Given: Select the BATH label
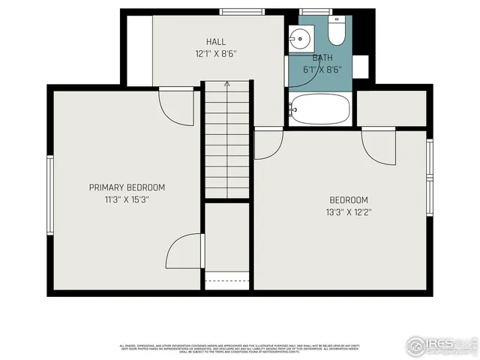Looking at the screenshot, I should coord(322,57).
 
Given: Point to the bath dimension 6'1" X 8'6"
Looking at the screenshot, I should coord(322,68).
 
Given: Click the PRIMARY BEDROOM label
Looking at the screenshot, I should coord(127,187).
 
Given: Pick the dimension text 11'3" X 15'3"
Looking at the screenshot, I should coord(127,199).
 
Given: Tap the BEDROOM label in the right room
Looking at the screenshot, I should coord(349,199).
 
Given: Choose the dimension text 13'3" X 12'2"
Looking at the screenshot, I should coord(349,212).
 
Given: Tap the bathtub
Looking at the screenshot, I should coord(320,109).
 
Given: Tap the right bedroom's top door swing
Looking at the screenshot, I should coord(379,145).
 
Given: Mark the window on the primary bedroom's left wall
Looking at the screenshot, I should coord(50,194).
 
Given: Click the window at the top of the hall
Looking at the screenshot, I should coord(241,11).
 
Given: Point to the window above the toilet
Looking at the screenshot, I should coord(315,11).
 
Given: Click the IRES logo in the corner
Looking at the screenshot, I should coord(440,345).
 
